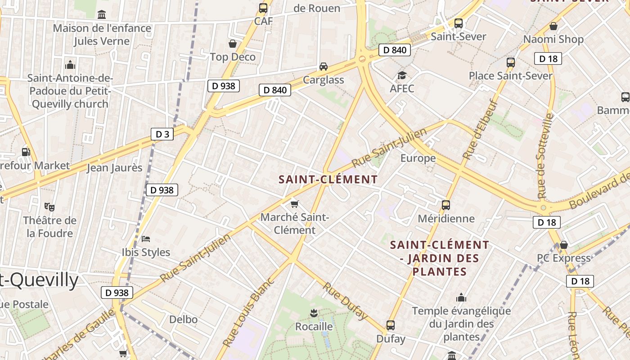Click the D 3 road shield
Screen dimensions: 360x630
162,134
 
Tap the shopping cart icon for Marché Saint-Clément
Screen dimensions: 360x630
295,204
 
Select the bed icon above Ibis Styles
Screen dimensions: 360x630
146,238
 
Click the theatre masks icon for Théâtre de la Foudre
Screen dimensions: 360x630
49,207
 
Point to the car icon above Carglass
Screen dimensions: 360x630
323,67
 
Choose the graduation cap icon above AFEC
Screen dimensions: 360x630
401,75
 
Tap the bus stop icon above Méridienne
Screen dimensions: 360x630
446,205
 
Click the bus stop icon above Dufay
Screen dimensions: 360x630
391,325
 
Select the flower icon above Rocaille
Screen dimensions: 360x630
314,313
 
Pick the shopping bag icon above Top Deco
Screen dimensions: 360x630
233,44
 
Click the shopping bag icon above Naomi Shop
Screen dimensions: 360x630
553,26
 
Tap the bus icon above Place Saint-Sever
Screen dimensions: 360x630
511,62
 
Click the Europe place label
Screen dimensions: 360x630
418,158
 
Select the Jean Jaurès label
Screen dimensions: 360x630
114,168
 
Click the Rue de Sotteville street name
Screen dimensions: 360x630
545,156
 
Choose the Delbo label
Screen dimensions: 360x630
183,319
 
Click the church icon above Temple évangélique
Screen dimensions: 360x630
461,297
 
